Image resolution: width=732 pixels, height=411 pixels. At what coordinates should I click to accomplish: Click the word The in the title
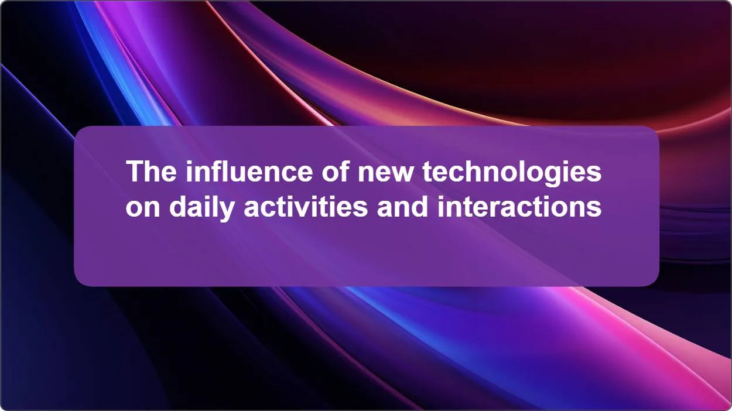coord(151,171)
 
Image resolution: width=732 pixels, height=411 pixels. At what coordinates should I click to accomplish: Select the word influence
coord(249,171)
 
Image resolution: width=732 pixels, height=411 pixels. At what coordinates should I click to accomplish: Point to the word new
coord(385,174)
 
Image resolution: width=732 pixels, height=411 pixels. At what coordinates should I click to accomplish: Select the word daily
coord(201,209)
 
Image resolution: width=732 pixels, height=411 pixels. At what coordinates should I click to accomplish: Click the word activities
coord(306,207)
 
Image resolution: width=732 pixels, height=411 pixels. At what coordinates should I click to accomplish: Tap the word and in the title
coord(403,207)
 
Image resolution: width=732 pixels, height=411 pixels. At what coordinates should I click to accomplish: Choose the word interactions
coord(519,207)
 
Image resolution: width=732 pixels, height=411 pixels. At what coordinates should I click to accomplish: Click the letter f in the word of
coord(344,171)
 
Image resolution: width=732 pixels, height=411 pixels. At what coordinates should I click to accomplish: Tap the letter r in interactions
coord(502,209)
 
